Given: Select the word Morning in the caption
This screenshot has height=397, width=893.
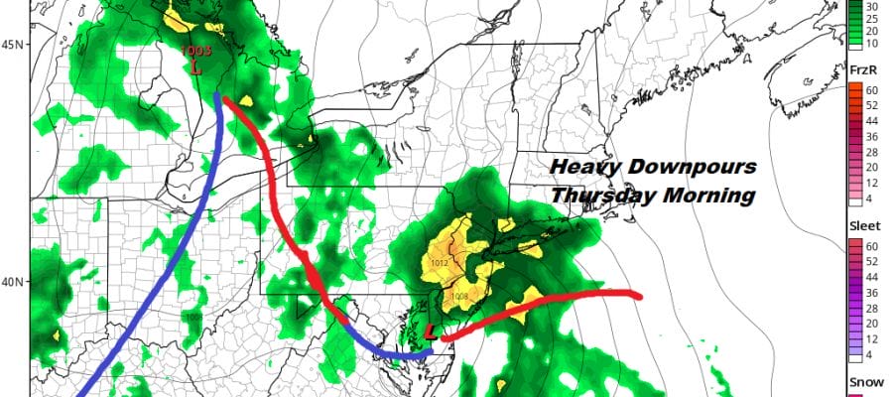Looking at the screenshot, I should tap(711, 196).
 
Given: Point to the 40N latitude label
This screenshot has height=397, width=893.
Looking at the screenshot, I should tap(14, 281).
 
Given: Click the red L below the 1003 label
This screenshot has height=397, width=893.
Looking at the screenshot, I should tap(195, 68).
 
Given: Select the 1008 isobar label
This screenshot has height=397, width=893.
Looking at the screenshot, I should tap(459, 297).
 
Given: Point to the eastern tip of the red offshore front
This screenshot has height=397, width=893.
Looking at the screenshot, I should tap(641, 295).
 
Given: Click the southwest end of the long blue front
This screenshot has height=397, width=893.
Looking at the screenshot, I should tap(87, 393).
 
